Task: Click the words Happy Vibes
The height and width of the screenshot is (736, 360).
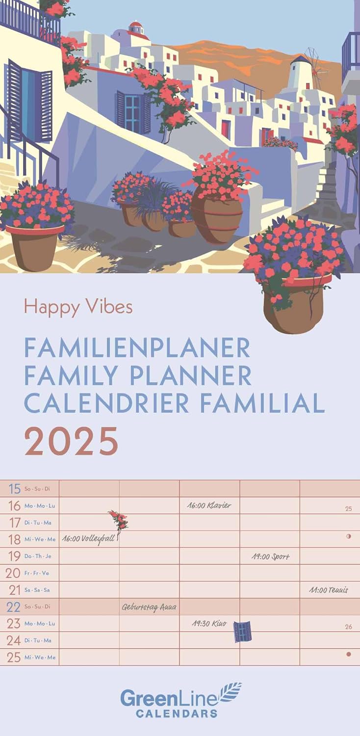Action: coord(78,307)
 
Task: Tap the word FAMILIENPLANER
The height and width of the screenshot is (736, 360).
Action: coord(137,348)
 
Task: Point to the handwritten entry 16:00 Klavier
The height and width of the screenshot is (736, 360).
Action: coord(209,505)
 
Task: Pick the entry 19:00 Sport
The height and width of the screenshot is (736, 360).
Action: coord(270,556)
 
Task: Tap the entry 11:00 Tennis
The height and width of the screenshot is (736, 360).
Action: coord(329,590)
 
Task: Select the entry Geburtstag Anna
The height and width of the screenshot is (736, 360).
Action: coord(149,607)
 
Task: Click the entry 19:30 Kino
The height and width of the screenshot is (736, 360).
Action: coord(209,624)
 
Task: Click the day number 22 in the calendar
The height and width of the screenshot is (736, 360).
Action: coord(13,607)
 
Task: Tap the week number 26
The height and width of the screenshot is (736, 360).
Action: coord(348,627)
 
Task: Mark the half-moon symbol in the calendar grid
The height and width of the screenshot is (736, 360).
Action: coord(349,536)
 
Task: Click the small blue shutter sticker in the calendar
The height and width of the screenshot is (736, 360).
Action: coord(242,631)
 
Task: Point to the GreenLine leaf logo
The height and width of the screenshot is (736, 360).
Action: coord(231,692)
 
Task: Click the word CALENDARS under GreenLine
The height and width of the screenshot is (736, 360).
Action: coord(177,713)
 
